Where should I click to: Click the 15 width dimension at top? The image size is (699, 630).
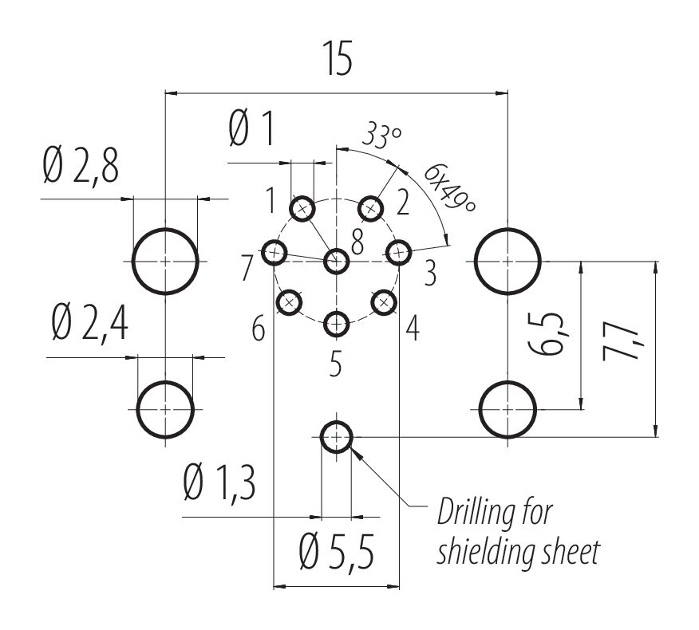pyautogui.click(x=337, y=61)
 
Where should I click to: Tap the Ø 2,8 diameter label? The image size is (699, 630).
pyautogui.click(x=82, y=167)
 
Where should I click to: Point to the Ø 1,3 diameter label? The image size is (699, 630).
pyautogui.click(x=219, y=484)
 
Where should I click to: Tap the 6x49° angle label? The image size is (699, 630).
pyautogui.click(x=449, y=188)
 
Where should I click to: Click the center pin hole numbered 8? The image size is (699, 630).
pyautogui.click(x=337, y=260)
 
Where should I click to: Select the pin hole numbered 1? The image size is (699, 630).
pyautogui.click(x=302, y=210)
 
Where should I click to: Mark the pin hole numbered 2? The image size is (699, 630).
pyautogui.click(x=370, y=209)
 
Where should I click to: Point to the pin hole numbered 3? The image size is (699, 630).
pyautogui.click(x=397, y=253)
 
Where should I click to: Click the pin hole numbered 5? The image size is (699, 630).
pyautogui.click(x=337, y=324)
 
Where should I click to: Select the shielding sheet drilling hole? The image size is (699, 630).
pyautogui.click(x=337, y=436)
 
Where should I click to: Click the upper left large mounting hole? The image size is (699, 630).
pyautogui.click(x=165, y=261)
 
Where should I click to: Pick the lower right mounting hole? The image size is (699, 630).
pyautogui.click(x=508, y=409)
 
